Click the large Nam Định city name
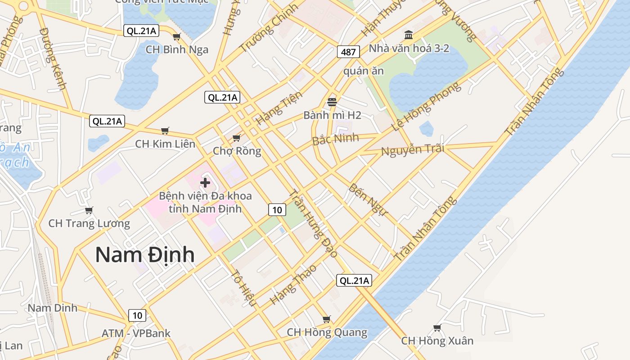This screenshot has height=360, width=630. pyautogui.click(x=145, y=255)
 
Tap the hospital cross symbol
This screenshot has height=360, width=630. pyautogui.click(x=205, y=183)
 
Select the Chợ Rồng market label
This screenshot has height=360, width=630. pyautogui.click(x=237, y=150)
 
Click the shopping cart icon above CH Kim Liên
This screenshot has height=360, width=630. pyautogui.click(x=165, y=130)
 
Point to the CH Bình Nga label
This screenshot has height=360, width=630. pyautogui.click(x=177, y=49)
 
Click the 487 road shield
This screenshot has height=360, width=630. pyautogui.click(x=348, y=52)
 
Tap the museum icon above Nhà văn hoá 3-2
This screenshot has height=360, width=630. pyautogui.click(x=409, y=35)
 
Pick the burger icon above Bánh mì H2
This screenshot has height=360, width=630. pyautogui.click(x=332, y=102)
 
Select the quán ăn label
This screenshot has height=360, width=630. pyautogui.click(x=364, y=71)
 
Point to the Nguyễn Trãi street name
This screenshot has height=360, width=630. pyautogui.click(x=412, y=149)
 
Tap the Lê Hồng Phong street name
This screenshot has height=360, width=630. pyautogui.click(x=427, y=106)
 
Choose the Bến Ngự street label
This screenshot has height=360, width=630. pyautogui.click(x=368, y=199)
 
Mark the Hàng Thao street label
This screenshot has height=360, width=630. pyautogui.click(x=293, y=284)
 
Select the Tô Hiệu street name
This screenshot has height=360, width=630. pyautogui.click(x=243, y=288)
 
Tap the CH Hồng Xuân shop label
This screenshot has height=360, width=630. pyautogui.click(x=437, y=341)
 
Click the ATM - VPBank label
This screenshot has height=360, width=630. pyautogui.click(x=136, y=333)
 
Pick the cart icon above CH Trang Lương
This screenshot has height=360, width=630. pyautogui.click(x=89, y=210)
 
